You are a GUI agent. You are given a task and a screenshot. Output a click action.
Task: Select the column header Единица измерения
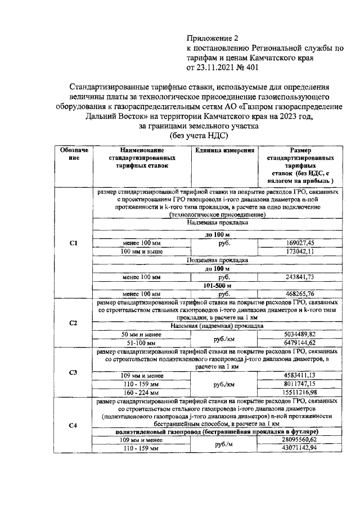(224, 151)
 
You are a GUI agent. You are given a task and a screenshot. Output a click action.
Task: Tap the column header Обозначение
(73, 155)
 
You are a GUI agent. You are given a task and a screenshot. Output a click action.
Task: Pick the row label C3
(73, 372)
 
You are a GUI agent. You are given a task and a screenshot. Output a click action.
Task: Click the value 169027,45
(300, 243)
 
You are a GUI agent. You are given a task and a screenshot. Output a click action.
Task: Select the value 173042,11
(300, 251)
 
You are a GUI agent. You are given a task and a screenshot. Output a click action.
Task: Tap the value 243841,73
(300, 277)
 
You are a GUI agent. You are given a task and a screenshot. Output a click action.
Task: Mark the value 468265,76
(300, 294)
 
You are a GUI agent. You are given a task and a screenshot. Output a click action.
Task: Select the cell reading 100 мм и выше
(142, 251)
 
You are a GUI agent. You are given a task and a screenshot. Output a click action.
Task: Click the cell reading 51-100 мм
(142, 342)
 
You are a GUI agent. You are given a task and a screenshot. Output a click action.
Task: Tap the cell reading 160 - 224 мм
(142, 392)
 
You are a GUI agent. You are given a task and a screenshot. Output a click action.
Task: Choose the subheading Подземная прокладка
(217, 260)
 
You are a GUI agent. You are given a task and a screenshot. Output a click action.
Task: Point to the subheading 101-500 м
(217, 285)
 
